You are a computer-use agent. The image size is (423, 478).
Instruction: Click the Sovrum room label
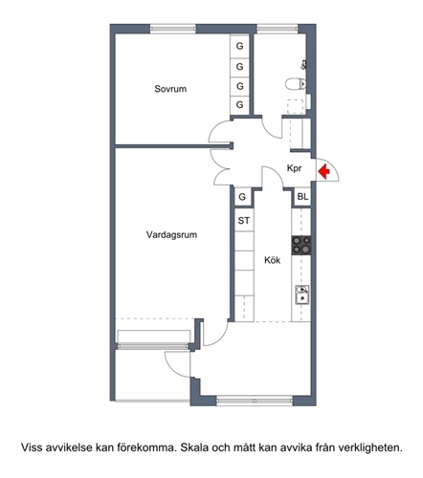click(x=170, y=89)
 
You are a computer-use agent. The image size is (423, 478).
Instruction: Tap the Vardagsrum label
click(x=171, y=235)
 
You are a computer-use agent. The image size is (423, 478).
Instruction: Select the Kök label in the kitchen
click(x=272, y=260)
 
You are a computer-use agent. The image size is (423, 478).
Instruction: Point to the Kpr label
click(x=294, y=168)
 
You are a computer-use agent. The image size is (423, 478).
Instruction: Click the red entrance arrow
click(x=324, y=171)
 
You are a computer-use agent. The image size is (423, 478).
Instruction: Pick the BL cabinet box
click(x=302, y=197)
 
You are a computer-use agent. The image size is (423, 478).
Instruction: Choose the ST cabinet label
click(x=244, y=220)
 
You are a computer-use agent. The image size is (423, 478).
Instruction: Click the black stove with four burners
click(x=301, y=246)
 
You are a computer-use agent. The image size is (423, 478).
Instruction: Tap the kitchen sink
click(x=301, y=294)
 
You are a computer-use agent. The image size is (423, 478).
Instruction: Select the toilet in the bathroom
click(x=296, y=84)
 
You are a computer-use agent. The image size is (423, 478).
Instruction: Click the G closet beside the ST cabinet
click(x=242, y=197)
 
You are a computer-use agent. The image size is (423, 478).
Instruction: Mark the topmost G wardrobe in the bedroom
click(x=239, y=46)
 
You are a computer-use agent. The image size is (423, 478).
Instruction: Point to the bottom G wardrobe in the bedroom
click(x=239, y=104)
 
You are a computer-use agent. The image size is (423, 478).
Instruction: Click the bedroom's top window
click(x=172, y=29)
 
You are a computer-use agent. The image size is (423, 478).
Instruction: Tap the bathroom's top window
click(x=277, y=29)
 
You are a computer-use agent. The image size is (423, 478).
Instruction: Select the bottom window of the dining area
click(x=255, y=401)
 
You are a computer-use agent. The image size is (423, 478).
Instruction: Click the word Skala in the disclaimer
click(x=194, y=447)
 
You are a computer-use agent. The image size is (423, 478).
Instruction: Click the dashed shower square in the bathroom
click(x=296, y=107)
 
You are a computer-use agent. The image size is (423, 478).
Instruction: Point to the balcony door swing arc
click(x=174, y=366)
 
